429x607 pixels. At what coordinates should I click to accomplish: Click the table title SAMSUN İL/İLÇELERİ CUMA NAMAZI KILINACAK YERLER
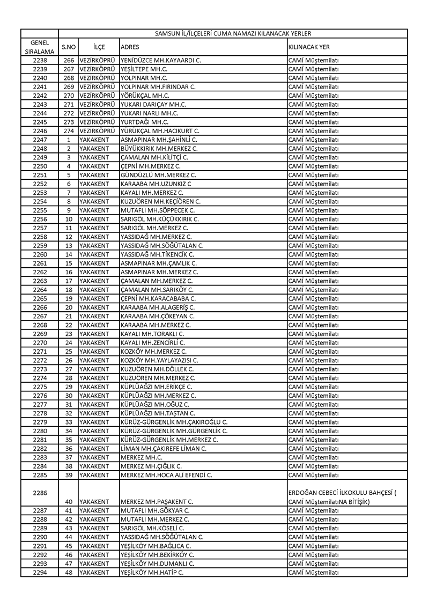pos(233,33)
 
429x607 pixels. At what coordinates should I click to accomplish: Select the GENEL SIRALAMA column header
pos(40,47)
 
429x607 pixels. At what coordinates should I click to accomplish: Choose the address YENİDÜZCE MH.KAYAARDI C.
pos(161,60)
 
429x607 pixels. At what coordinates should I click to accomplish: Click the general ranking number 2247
pos(40,140)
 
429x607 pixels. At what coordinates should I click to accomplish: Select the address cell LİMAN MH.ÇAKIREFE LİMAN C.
pos(164,449)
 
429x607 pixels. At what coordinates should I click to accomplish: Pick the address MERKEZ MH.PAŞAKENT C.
pos(157,502)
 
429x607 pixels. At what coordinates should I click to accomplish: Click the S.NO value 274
pos(68,130)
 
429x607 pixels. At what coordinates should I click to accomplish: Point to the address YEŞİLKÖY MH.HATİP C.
pos(152,573)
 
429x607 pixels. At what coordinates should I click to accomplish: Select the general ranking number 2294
pos(40,573)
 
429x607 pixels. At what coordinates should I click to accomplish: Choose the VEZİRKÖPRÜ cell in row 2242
pos(98,96)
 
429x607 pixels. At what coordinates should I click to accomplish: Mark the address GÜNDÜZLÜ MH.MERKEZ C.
pos(158,175)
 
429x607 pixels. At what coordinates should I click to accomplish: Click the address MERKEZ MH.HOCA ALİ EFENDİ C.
pos(166,475)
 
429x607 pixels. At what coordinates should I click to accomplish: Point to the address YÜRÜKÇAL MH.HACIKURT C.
pos(160,130)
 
